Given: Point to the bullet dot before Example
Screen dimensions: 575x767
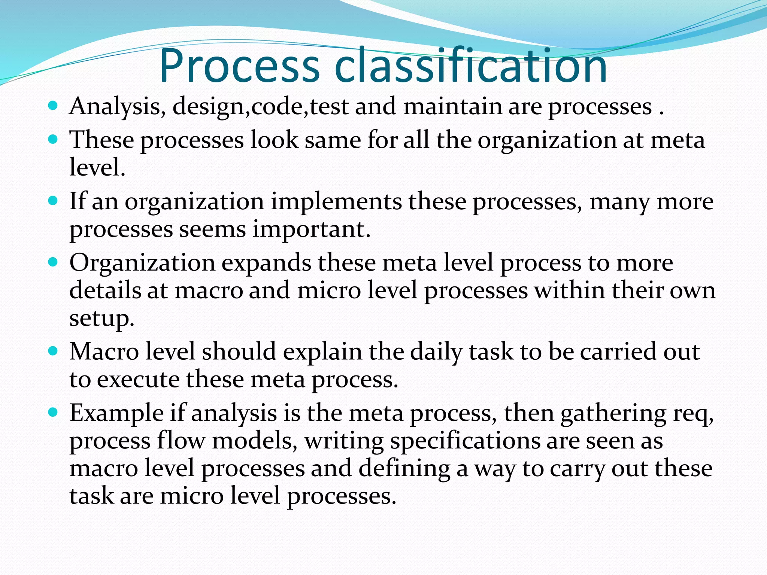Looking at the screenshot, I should (54, 413).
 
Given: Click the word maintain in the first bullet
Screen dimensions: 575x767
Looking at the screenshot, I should (453, 106).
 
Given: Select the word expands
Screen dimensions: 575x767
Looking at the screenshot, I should (266, 263).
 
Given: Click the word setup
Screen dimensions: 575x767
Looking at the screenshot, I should (101, 319).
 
